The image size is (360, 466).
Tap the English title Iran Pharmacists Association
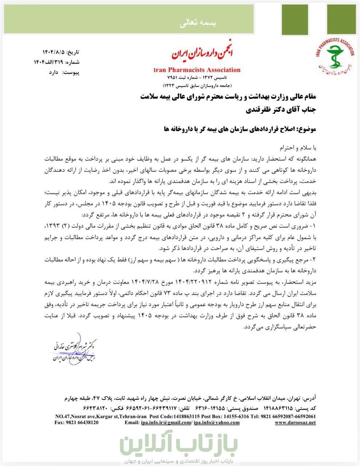(x=197, y=70)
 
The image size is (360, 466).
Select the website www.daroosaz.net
(x=295, y=423)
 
